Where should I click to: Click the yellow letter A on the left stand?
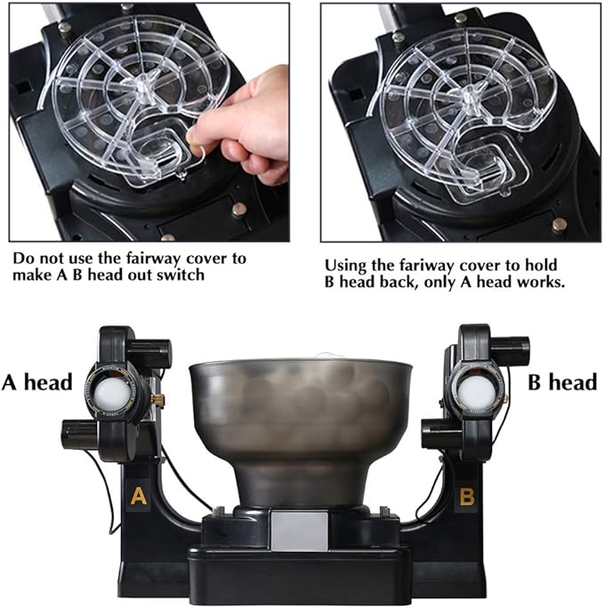point(139,495)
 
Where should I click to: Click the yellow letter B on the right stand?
point(467,496)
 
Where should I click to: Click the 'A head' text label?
point(37,382)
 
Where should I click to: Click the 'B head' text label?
point(562,382)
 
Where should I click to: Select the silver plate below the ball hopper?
point(299,531)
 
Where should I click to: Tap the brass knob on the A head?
point(157,398)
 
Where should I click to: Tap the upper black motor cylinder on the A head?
point(150,352)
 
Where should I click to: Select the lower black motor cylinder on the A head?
point(80,435)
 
